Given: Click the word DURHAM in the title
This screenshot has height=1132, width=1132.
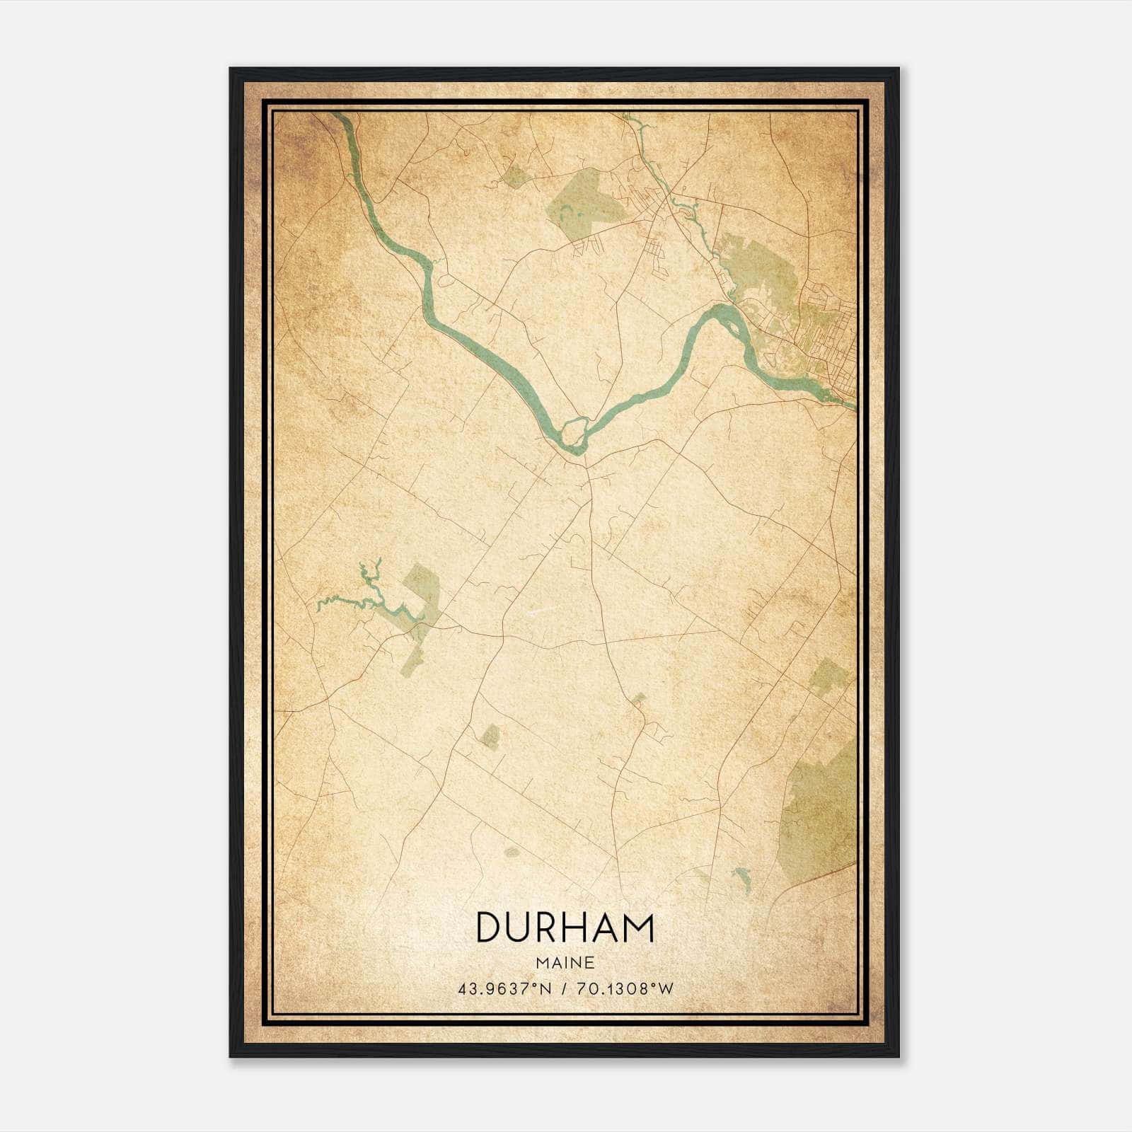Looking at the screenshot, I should click(565, 928).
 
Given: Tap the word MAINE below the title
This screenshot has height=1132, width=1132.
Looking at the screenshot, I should click(565, 963).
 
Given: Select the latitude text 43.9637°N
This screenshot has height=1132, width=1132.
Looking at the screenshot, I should click(504, 988).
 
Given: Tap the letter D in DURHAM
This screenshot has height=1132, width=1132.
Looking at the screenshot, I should click(489, 928).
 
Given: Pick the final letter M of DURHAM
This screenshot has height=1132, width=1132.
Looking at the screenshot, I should click(637, 928).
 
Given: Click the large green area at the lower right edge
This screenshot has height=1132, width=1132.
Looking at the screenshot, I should click(821, 807).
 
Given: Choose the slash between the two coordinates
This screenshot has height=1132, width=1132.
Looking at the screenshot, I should click(565, 988).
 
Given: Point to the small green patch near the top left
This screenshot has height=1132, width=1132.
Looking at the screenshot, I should click(515, 175).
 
